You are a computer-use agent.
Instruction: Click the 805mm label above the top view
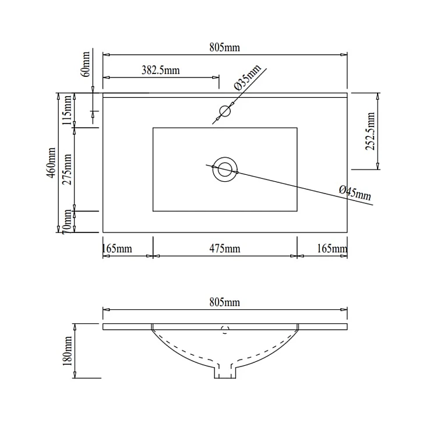tap(225, 48)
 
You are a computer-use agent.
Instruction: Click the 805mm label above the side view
tap(225, 302)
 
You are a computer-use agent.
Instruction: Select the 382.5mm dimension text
tap(161, 70)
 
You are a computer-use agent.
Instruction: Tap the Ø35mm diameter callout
tap(248, 77)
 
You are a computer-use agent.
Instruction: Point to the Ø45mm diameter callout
tap(355, 193)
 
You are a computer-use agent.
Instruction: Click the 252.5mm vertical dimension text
tap(370, 131)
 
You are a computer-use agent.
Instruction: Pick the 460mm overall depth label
tap(51, 163)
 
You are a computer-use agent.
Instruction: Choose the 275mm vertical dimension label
tap(67, 170)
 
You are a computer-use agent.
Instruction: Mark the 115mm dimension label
tap(67, 110)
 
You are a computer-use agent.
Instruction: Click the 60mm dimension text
tap(86, 64)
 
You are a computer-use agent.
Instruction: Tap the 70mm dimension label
tap(67, 222)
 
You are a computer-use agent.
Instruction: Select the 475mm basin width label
tap(225, 248)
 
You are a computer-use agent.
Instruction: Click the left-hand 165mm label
tap(117, 248)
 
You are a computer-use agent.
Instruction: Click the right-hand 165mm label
tap(332, 248)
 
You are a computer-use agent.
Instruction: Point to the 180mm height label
tap(67, 351)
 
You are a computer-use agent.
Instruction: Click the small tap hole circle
tap(225, 111)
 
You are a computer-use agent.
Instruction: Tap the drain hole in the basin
tap(225, 170)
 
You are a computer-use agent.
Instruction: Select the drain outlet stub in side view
tap(225, 371)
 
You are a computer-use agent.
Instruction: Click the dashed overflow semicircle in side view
tap(225, 330)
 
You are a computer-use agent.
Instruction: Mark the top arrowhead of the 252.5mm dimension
tap(378, 96)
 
